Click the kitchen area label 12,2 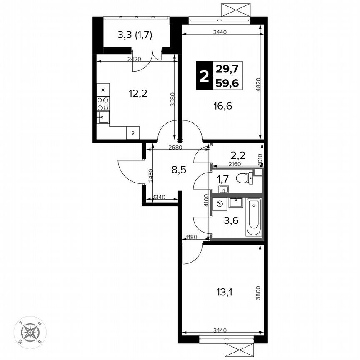coord(138,93)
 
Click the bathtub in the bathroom coord(253,217)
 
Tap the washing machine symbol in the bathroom coord(220,204)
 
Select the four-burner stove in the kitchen coord(103,104)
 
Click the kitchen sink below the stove coord(103,117)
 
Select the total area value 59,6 coord(228,83)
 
